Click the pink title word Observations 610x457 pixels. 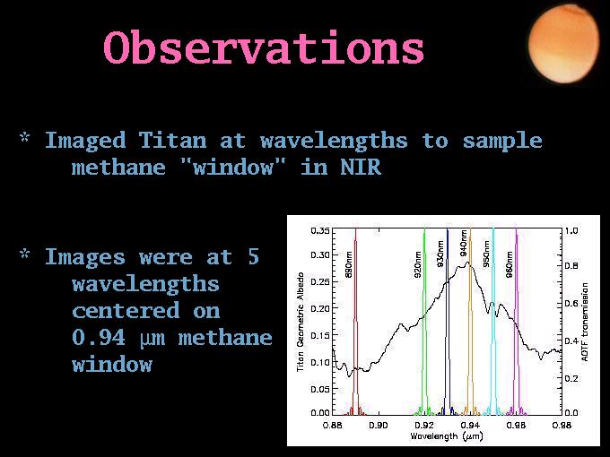tap(264, 47)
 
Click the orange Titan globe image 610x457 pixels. tap(563, 44)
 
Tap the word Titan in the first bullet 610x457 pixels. tap(173, 140)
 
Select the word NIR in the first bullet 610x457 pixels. tap(361, 167)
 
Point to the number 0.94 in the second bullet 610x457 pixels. tap(99, 337)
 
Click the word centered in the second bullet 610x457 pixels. tap(126, 311)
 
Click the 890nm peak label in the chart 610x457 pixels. tap(349, 264)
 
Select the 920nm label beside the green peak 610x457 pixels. tap(417, 264)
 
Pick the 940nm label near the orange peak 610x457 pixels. tap(464, 243)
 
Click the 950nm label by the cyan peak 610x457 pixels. tap(486, 254)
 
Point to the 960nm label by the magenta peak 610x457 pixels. tap(510, 264)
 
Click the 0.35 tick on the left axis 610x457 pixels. tap(320, 231)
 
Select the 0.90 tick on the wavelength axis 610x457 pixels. tap(379, 425)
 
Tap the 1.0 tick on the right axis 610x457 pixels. tap(571, 231)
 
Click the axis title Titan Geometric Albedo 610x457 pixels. tap(301, 322)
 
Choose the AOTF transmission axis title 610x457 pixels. tap(584, 322)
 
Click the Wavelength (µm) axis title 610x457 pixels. tap(447, 436)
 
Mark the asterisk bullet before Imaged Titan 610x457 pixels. tap(24, 137)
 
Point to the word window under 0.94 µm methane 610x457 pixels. tap(112, 365)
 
